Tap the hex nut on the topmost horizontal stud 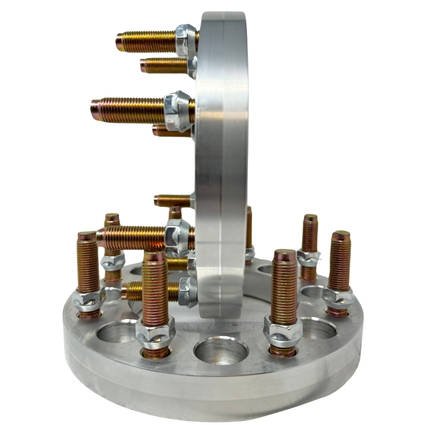coord(186,41)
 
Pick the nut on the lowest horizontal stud coord(187,292)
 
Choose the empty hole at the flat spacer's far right coord(318,327)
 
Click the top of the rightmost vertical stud coord(340,236)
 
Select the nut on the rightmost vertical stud coord(338,298)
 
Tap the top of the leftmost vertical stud coord(87,236)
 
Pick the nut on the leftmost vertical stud coord(89,299)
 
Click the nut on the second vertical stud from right coord(308,258)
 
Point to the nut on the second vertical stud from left coord(113,261)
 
